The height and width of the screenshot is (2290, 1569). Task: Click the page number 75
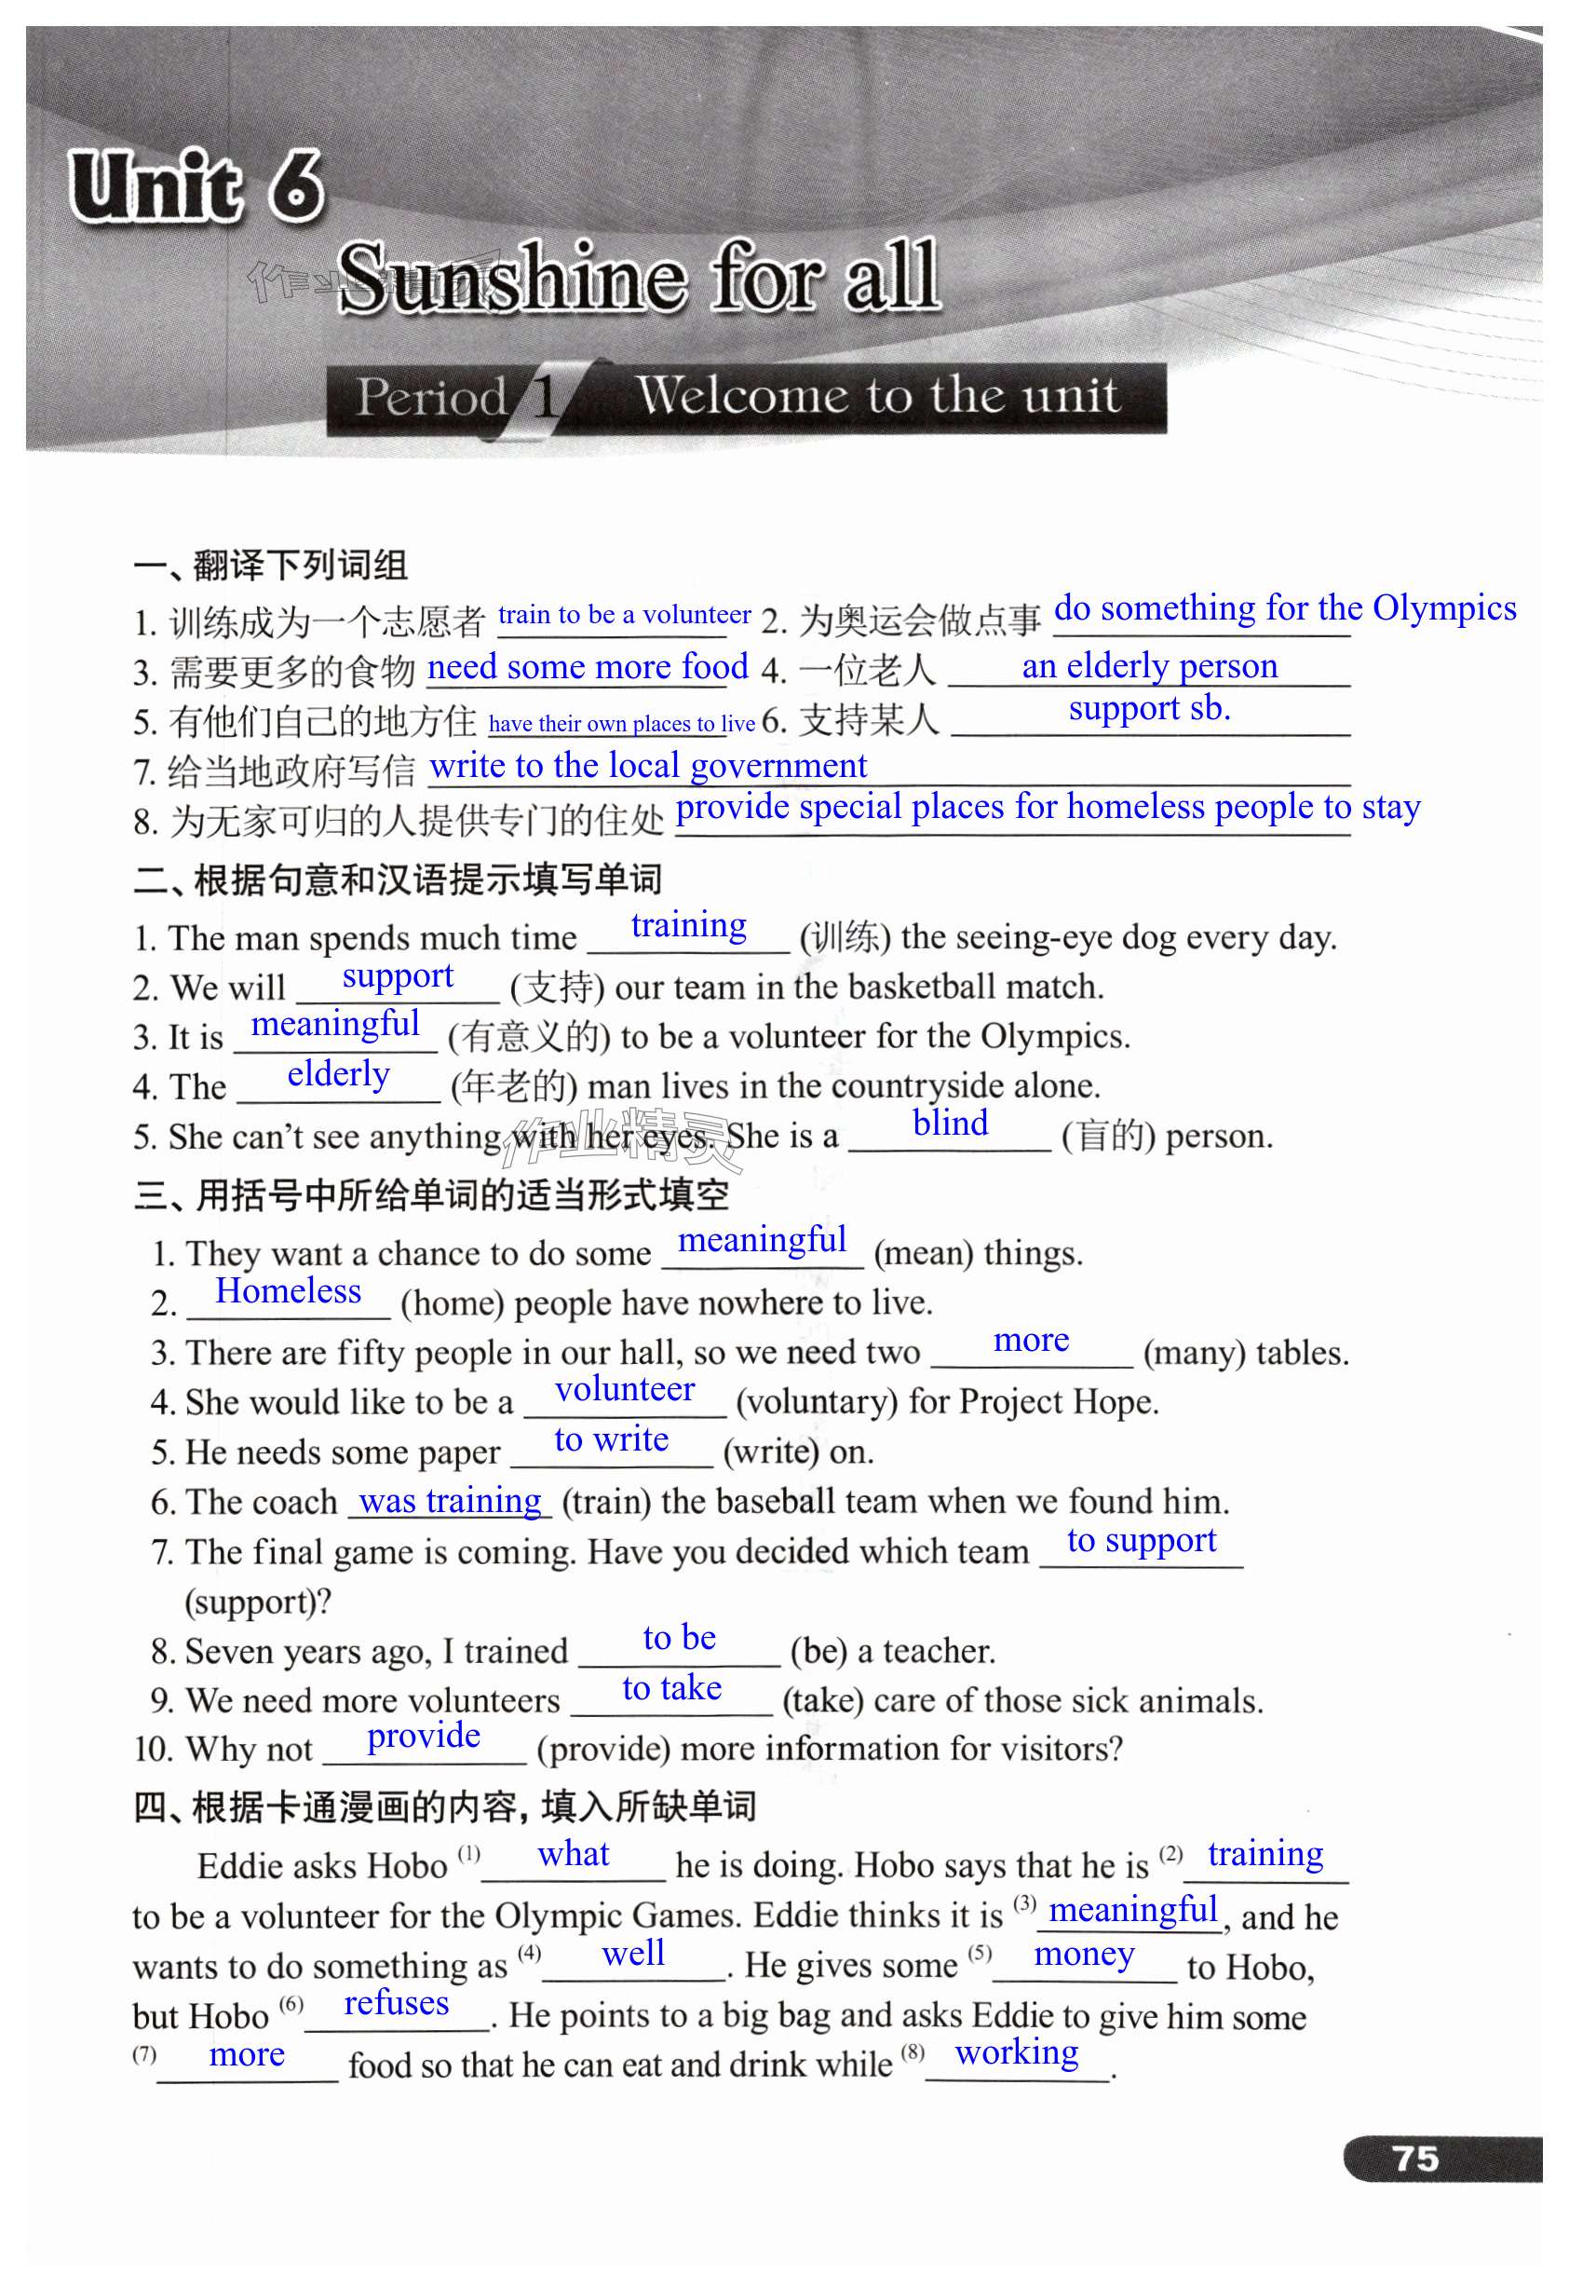1414,2158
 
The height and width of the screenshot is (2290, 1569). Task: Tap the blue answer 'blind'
950,1124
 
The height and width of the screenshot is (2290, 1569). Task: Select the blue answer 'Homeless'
289,1291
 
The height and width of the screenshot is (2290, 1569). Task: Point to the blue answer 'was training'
450,1500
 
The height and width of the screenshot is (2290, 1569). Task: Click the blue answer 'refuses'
396,2002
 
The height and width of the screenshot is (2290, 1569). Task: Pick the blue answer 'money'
1084,1953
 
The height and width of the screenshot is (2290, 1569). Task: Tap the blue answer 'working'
1017,2051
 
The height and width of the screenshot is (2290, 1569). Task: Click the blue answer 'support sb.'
1149,707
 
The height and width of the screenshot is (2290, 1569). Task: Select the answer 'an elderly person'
1149,666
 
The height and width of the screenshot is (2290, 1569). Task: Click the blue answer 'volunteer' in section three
625,1389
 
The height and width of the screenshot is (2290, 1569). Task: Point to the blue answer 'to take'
671,1688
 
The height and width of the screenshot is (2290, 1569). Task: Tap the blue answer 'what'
574,1855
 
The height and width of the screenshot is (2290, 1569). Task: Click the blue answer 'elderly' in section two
338,1074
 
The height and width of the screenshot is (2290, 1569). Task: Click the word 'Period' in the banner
431,397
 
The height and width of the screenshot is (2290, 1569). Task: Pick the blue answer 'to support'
1142,1540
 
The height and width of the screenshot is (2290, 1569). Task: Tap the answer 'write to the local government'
648,766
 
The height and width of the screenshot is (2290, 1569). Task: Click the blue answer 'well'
633,1953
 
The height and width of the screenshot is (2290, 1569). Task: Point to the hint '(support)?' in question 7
258,1602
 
